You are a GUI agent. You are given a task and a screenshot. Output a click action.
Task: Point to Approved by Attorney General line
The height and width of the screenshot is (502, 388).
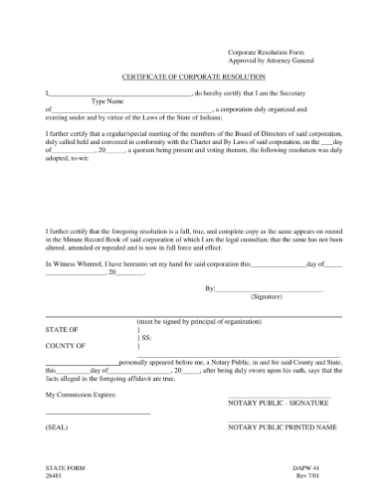tap(271, 59)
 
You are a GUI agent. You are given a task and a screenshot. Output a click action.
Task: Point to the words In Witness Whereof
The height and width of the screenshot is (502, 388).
tap(79, 263)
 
